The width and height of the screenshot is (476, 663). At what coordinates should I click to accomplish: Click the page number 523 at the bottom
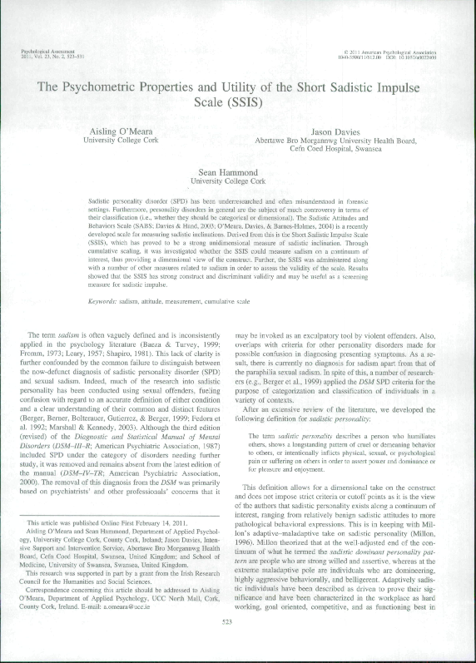pos(238,644)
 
